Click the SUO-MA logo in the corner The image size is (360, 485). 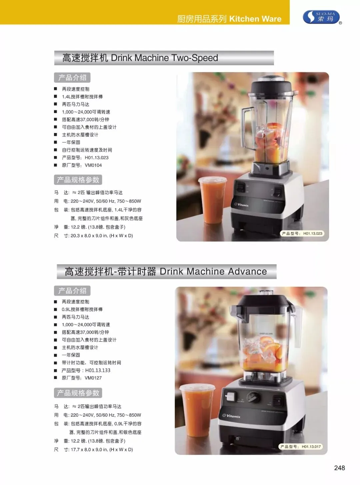coord(322,17)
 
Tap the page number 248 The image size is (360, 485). coord(339,468)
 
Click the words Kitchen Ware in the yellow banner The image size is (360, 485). coord(255,19)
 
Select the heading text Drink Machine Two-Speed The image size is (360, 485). coord(164,58)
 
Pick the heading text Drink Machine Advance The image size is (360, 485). coord(213,271)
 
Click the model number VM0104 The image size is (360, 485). coord(93,165)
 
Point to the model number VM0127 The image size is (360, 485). coord(93,378)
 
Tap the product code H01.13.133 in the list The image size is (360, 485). coord(98,370)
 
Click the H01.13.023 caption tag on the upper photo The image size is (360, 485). coord(302,234)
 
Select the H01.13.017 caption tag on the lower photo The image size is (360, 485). coord(301,447)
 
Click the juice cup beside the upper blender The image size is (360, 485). coord(212,200)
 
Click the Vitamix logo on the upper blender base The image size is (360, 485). coord(241,205)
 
